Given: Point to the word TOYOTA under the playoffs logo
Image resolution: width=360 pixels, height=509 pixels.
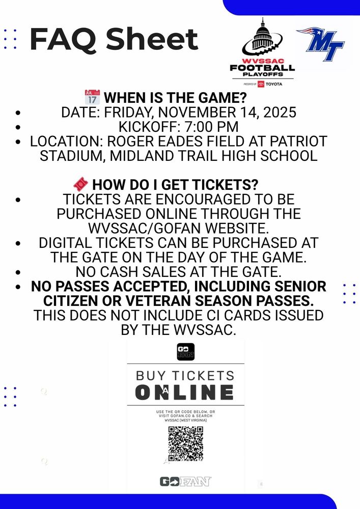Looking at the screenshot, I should [273, 84].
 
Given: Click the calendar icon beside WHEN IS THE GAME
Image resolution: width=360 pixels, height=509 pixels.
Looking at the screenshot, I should [92, 97].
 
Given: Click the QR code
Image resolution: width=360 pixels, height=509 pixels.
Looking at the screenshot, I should [185, 443].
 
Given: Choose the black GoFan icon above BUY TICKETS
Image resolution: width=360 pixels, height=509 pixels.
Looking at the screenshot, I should [185, 352].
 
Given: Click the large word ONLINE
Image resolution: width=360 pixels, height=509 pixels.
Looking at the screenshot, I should [184, 392].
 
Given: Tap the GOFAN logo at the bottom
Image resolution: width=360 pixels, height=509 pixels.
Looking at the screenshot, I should [185, 482].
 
